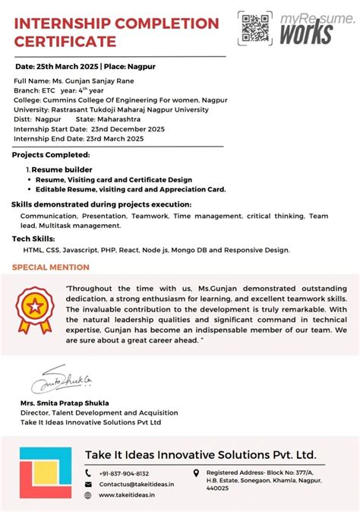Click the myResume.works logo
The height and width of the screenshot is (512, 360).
click(313, 27)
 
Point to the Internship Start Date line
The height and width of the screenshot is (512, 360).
click(84, 129)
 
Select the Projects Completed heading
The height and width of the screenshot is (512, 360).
click(51, 155)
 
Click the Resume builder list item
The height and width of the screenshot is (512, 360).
click(62, 169)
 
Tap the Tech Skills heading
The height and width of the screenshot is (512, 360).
click(32, 239)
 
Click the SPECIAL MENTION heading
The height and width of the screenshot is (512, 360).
click(51, 267)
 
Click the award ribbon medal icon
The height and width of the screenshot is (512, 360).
click(36, 309)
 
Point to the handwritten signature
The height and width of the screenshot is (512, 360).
click(62, 379)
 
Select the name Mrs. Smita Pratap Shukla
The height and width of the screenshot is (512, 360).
click(65, 403)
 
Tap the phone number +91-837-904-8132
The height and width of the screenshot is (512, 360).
click(123, 472)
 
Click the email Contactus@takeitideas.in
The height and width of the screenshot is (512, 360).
click(136, 484)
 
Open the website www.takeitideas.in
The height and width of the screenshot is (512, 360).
click(127, 495)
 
